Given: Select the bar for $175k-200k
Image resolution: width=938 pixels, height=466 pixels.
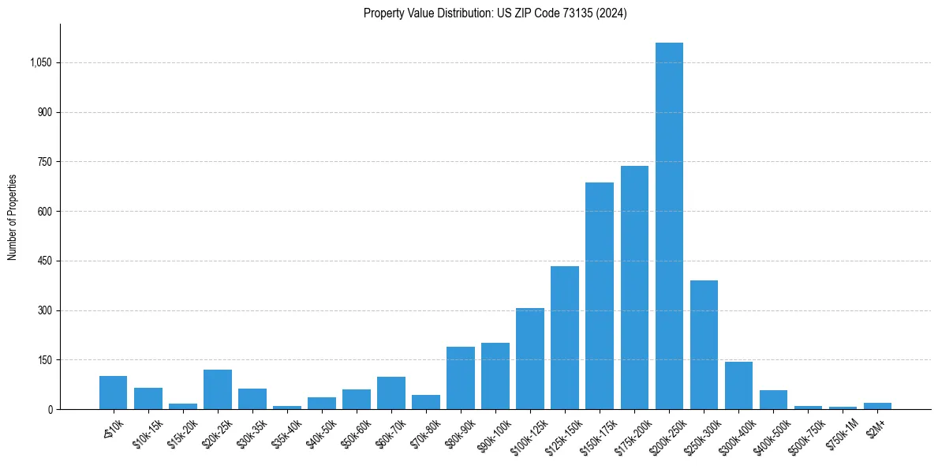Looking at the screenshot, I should [634, 287].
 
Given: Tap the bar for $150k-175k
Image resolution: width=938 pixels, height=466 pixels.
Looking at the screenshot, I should [600, 296].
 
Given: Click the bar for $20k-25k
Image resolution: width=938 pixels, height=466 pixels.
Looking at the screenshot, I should [218, 389].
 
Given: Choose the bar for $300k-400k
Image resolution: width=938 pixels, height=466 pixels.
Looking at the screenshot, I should [738, 385].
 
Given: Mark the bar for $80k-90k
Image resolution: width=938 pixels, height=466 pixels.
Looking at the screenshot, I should [461, 378].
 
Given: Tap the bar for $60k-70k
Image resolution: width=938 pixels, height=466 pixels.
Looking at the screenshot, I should [391, 393].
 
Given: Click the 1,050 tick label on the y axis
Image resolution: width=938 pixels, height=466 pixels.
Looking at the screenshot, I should [41, 63].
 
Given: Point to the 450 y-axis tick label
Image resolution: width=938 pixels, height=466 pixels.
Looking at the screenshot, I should [45, 261].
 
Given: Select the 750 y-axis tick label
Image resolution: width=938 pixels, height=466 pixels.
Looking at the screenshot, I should [45, 162].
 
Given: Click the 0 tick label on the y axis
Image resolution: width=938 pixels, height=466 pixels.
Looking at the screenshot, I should [50, 410].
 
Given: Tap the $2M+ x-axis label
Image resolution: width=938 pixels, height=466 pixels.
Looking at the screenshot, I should [876, 427].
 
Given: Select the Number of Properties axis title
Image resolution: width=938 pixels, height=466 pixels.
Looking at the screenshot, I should [13, 217].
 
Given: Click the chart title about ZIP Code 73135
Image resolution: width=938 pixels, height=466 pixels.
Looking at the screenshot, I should [495, 13].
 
